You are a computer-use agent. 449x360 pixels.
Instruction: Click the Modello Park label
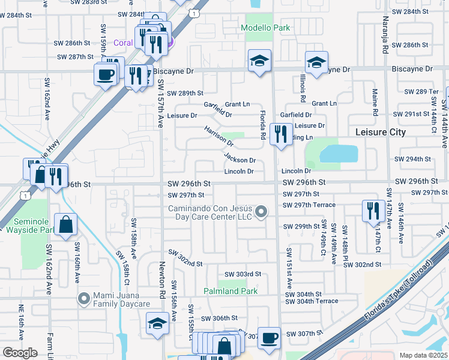(265, 28)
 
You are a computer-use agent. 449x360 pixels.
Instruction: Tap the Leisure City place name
(381, 132)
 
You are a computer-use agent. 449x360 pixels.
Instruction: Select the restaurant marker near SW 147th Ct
(373, 211)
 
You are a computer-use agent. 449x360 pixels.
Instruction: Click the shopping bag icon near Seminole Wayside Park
(66, 224)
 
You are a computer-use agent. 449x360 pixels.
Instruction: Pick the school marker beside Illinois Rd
(316, 62)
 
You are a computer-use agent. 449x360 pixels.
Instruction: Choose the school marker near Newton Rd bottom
(158, 323)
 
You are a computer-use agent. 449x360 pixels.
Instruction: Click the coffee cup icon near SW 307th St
(270, 337)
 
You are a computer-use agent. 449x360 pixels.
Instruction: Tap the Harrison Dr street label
(218, 137)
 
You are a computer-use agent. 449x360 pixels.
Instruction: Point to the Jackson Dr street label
(240, 160)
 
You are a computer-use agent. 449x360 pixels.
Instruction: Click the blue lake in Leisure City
(339, 154)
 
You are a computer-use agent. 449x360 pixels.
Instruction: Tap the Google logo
(20, 353)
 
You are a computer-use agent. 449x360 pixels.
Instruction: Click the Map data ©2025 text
(424, 355)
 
